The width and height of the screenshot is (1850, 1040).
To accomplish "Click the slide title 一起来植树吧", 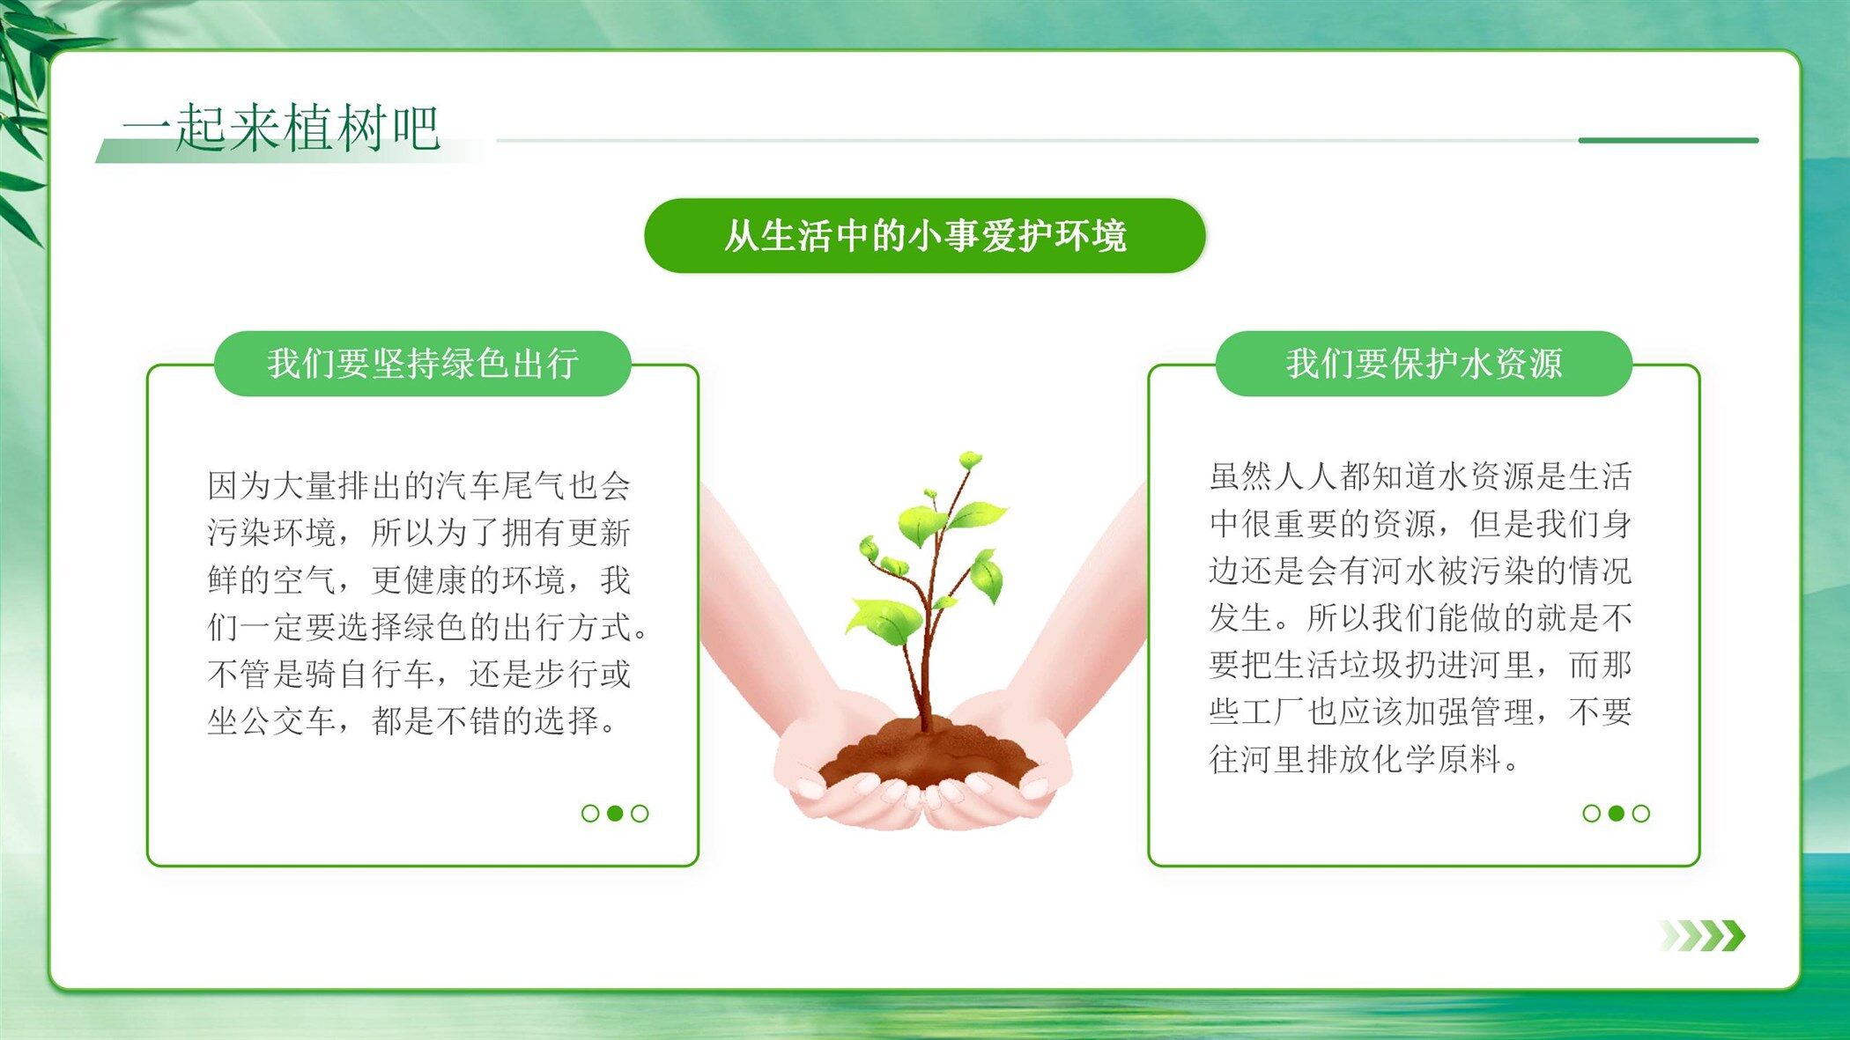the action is pyautogui.click(x=281, y=127).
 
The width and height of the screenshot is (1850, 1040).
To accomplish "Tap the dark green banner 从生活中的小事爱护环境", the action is pyautogui.click(x=925, y=236).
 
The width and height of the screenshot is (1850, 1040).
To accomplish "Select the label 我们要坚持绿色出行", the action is pyautogui.click(x=423, y=364).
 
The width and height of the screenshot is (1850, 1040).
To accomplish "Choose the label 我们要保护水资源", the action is pyautogui.click(x=1424, y=364).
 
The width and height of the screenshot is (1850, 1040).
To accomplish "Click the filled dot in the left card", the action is pyautogui.click(x=615, y=813).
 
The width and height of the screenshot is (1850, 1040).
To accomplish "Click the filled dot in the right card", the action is pyautogui.click(x=1617, y=813).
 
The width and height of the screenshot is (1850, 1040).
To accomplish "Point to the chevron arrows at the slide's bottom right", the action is pyautogui.click(x=1702, y=935).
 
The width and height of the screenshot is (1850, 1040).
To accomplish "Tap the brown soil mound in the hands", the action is pyautogui.click(x=927, y=756).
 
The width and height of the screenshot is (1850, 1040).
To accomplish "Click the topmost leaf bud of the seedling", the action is pyautogui.click(x=970, y=460).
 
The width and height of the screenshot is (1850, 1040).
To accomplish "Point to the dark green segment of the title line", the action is pyautogui.click(x=1669, y=140).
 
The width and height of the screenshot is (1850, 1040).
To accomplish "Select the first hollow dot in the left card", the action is pyautogui.click(x=590, y=813).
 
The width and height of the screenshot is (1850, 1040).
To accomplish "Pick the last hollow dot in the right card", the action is pyautogui.click(x=1641, y=813).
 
